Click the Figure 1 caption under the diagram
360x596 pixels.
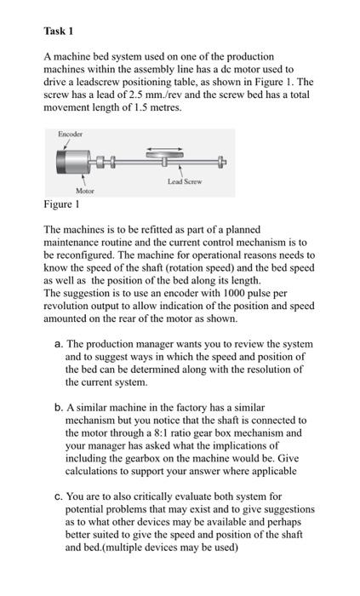[62, 205]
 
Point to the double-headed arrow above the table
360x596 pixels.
[162, 148]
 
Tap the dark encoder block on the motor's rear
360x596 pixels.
[64, 162]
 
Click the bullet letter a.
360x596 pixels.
[56, 345]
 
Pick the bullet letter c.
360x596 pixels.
[56, 496]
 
